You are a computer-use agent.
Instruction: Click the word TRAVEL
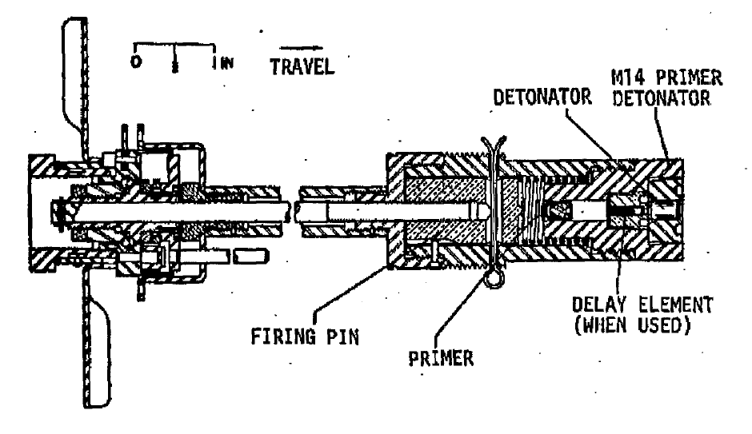[302, 66]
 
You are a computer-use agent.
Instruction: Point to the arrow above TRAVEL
[301, 48]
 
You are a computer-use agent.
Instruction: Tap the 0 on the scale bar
[136, 62]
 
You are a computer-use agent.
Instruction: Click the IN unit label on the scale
[226, 63]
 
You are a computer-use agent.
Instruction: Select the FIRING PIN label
[305, 336]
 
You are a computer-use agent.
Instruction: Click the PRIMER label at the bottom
[441, 358]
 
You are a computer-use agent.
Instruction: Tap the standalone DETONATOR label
[542, 98]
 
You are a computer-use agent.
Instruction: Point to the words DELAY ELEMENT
[642, 305]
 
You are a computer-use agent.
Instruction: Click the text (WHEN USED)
[633, 325]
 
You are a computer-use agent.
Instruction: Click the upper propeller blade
[76, 86]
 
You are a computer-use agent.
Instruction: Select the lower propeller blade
[98, 338]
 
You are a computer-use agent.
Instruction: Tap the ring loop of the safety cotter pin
[494, 279]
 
